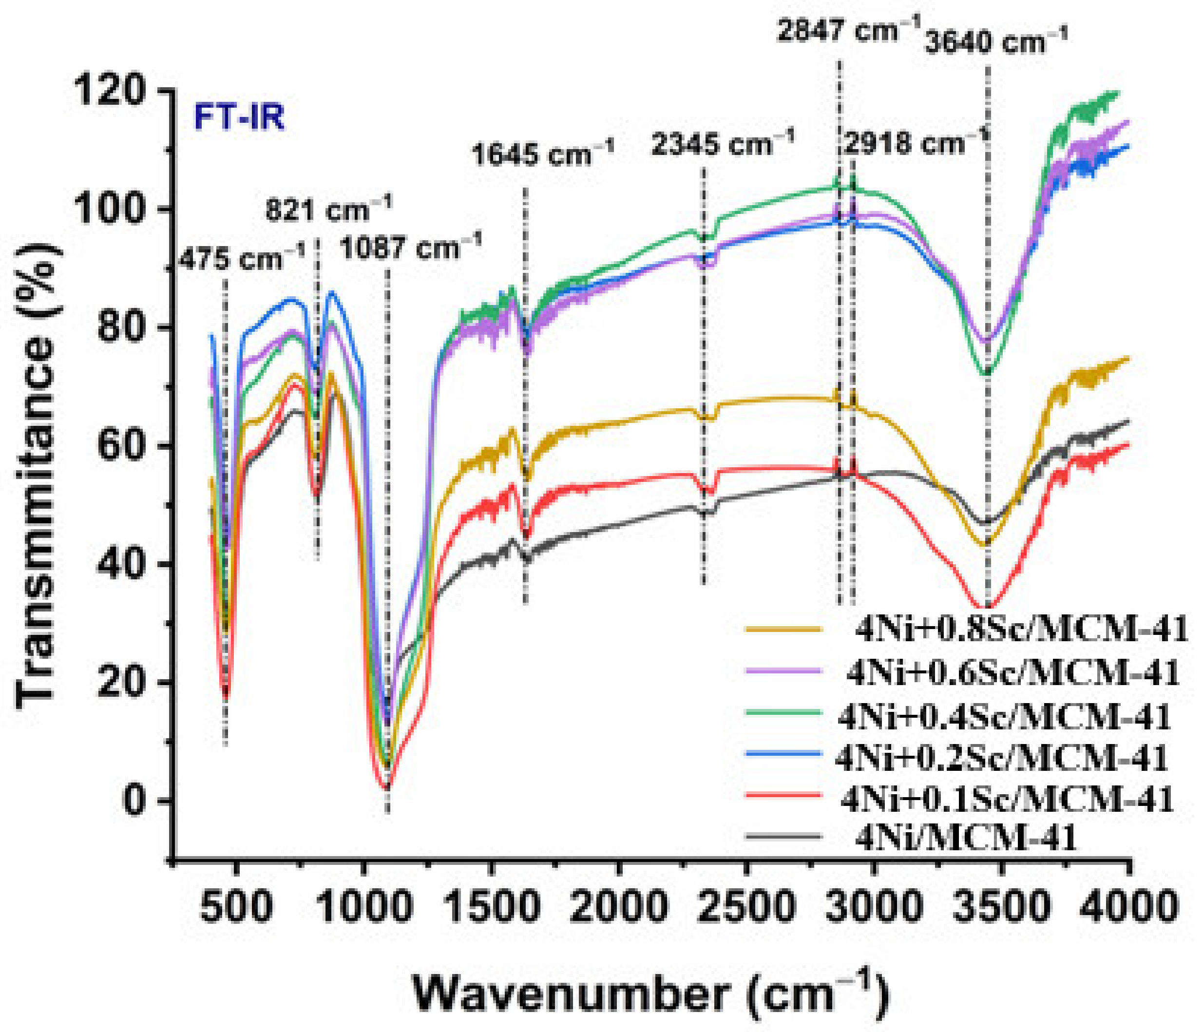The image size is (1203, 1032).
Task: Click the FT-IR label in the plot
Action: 239,118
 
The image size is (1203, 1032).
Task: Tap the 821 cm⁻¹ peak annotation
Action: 328,209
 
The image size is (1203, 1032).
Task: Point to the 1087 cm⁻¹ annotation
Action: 410,248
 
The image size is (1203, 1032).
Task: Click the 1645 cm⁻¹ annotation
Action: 542,154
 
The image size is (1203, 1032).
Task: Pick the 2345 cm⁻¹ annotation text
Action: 722,143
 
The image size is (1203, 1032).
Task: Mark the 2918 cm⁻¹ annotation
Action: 915,141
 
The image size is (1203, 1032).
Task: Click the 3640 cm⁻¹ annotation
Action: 996,42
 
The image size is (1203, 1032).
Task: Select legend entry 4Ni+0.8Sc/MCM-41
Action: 1021,629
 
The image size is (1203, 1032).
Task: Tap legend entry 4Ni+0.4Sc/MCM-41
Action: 1004,718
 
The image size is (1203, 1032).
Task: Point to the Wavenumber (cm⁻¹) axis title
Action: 650,994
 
